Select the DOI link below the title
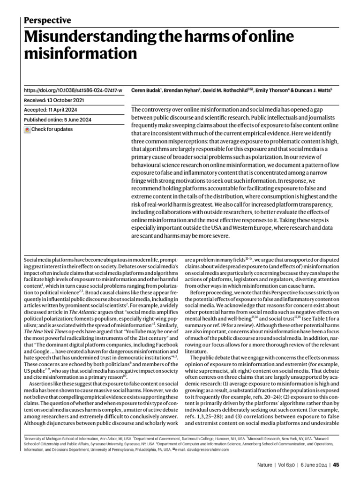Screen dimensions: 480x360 point(73,90)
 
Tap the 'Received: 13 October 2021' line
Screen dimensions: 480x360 point(54,100)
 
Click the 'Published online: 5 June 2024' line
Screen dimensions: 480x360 point(57,120)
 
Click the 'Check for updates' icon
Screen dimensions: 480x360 point(27,129)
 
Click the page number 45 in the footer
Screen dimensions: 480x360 point(337,465)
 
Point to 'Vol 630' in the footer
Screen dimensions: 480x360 point(292,465)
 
